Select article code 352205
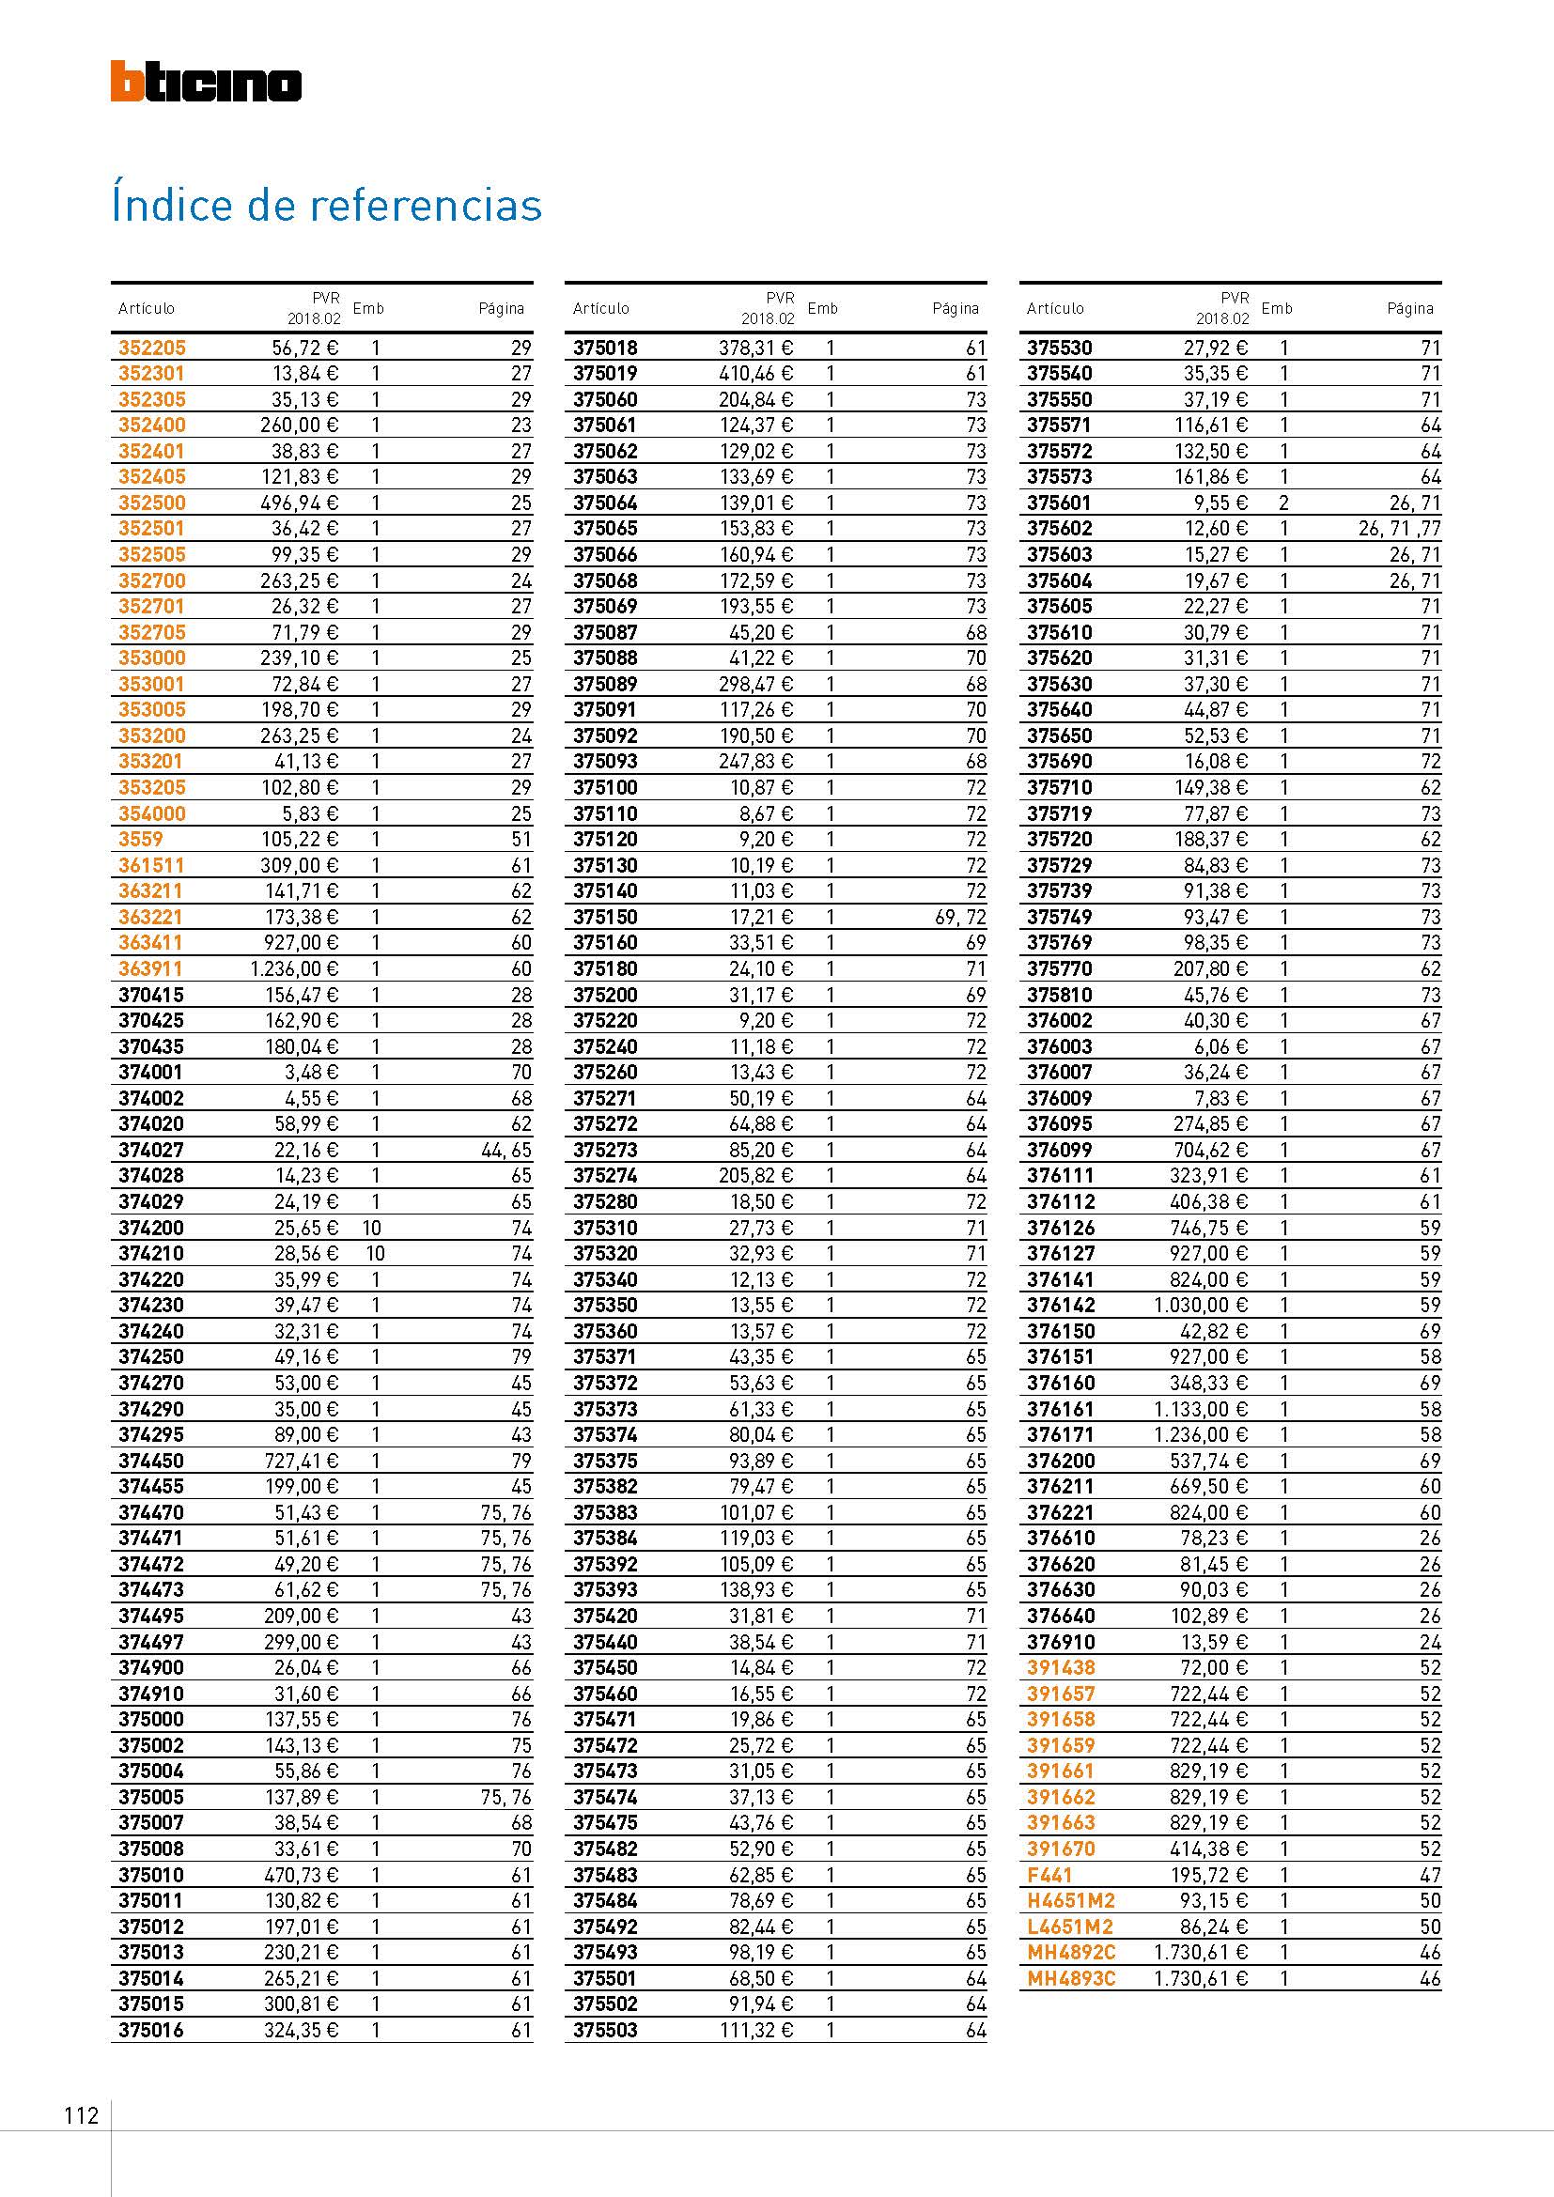point(152,348)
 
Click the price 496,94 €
point(301,503)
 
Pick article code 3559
point(141,839)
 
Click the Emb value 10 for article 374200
point(375,1228)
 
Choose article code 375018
point(606,348)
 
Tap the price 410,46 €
point(756,373)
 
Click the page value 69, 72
point(960,917)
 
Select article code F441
point(1049,1875)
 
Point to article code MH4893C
point(1071,1978)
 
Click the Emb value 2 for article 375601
point(1284,503)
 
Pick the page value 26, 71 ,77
point(1399,528)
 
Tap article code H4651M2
point(1071,1900)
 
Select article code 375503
point(606,2030)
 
